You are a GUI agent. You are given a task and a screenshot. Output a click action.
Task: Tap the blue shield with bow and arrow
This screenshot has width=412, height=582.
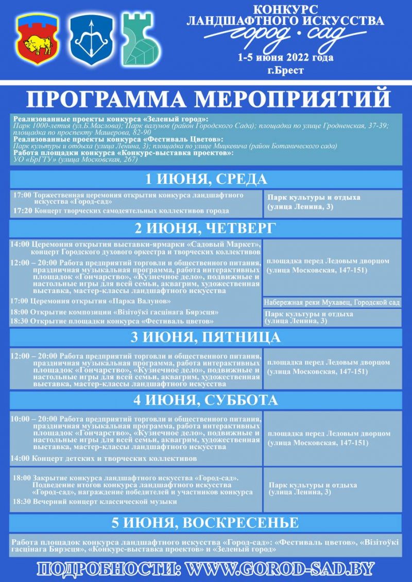pos(91,40)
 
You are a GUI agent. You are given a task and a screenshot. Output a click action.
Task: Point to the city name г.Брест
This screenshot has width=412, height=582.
pos(285,70)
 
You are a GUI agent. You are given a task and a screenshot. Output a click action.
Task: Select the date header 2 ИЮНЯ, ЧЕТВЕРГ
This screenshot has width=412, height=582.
pos(205,228)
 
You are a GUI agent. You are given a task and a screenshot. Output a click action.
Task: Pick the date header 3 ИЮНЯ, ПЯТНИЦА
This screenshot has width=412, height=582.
pos(205,337)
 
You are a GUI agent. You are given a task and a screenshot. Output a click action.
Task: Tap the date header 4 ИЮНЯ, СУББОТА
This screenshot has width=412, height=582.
pos(205,400)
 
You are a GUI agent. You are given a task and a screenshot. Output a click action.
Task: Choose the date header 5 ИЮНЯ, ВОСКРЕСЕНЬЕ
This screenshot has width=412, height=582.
pos(205,522)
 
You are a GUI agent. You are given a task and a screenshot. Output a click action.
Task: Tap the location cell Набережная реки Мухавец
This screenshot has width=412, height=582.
pos(332,303)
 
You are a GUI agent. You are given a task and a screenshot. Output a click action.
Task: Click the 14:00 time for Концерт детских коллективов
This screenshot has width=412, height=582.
pos(20,458)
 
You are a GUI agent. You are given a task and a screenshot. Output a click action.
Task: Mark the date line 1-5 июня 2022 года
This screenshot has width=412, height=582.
pos(285,58)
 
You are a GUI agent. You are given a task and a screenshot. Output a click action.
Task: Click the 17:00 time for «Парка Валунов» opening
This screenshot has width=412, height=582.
pos(20,301)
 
